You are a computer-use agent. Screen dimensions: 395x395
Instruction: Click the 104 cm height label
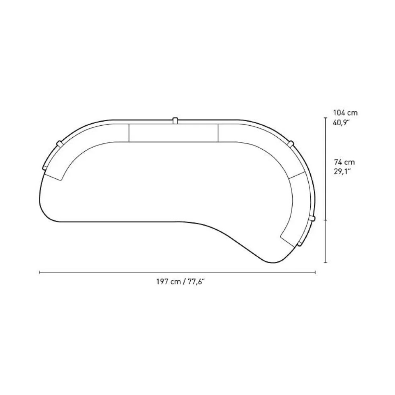[x=345, y=113]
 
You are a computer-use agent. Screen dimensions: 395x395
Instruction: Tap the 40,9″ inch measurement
[x=342, y=122]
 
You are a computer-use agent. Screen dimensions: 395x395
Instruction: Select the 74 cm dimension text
[x=344, y=162]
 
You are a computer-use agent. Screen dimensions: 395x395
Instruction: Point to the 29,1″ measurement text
[x=342, y=171]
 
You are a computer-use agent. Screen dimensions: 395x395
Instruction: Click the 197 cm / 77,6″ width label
[x=181, y=281]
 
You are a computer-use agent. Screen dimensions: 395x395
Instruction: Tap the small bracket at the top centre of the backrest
[x=175, y=120]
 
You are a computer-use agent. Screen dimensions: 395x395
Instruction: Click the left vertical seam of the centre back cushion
[x=129, y=133]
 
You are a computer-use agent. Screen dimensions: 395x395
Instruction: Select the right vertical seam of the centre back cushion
[x=218, y=133]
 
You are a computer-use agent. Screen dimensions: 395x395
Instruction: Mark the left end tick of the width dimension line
[x=39, y=272]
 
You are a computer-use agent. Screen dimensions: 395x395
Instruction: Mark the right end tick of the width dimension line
[x=315, y=272]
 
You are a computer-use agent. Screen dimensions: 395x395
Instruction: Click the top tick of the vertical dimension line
[x=325, y=118]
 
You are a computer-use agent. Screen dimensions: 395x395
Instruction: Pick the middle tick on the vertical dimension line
[x=325, y=220]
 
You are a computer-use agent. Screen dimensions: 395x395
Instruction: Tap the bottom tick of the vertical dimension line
[x=325, y=263]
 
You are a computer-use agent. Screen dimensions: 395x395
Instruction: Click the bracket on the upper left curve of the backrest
[x=59, y=143]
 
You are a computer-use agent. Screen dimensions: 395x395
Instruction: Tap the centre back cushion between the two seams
[x=173, y=133]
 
